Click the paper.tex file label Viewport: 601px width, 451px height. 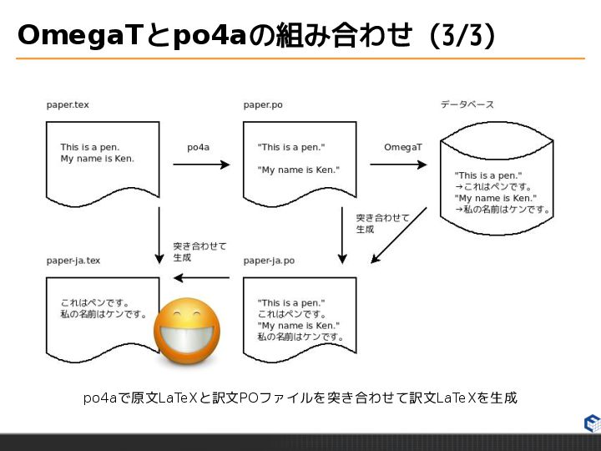click(x=68, y=105)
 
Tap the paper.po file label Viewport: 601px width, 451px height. click(x=262, y=105)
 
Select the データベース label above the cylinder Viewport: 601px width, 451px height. click(x=467, y=105)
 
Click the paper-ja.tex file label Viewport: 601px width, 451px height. click(x=73, y=261)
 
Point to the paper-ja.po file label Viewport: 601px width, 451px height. click(x=269, y=261)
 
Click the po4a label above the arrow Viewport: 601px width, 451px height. click(x=198, y=147)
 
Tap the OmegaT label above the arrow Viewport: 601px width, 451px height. click(x=403, y=147)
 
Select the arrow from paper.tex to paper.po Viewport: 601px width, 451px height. click(x=200, y=165)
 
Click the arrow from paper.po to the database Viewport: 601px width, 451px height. click(x=397, y=165)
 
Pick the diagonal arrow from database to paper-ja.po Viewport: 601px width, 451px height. click(x=398, y=236)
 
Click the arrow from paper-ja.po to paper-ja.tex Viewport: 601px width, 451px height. click(x=201, y=277)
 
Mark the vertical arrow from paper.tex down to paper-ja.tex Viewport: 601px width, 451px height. click(x=159, y=234)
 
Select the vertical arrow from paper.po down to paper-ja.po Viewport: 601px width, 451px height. click(x=341, y=234)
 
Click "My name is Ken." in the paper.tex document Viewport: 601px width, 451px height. click(x=97, y=159)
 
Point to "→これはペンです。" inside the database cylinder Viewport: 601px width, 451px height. click(x=493, y=187)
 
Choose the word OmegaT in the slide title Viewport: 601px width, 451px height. click(x=70, y=35)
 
